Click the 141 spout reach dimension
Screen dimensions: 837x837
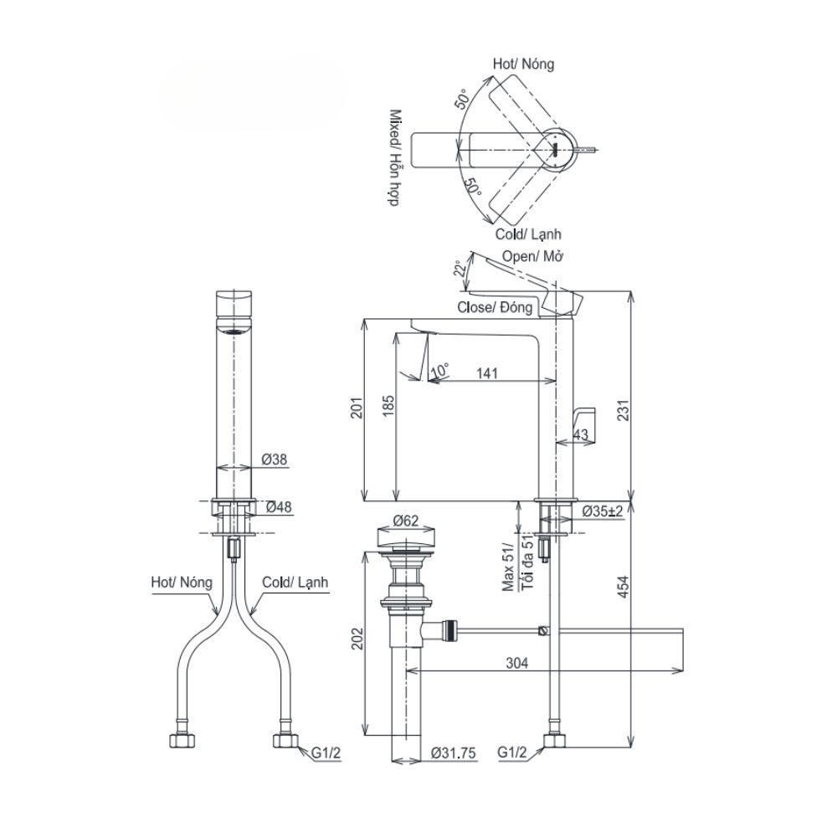point(485,374)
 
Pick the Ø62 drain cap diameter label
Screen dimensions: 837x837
point(405,521)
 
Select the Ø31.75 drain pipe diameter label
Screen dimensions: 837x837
point(454,753)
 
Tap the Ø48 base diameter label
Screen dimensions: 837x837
point(279,506)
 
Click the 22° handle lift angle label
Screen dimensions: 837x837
point(458,268)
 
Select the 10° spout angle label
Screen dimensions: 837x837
point(439,368)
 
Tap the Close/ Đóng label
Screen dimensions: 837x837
point(495,307)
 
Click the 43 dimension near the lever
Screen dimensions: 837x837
point(583,433)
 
